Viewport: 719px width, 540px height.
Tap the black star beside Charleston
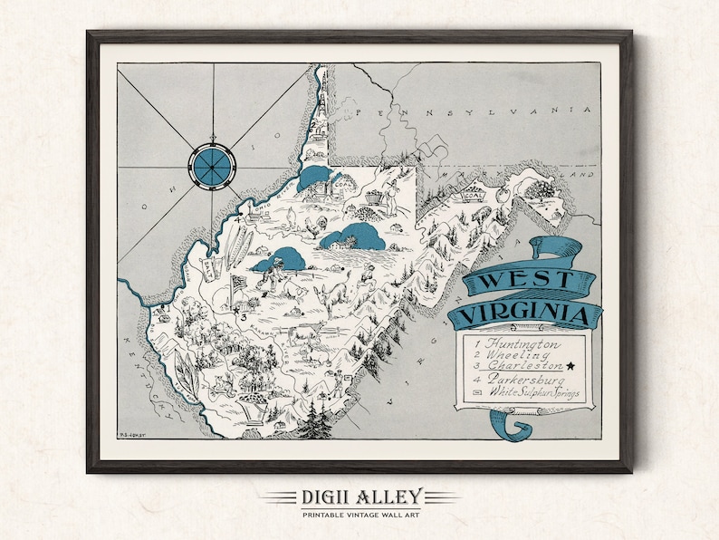click(571, 366)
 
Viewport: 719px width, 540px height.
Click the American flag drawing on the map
click(239, 286)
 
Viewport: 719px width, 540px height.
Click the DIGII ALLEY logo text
click(359, 496)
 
